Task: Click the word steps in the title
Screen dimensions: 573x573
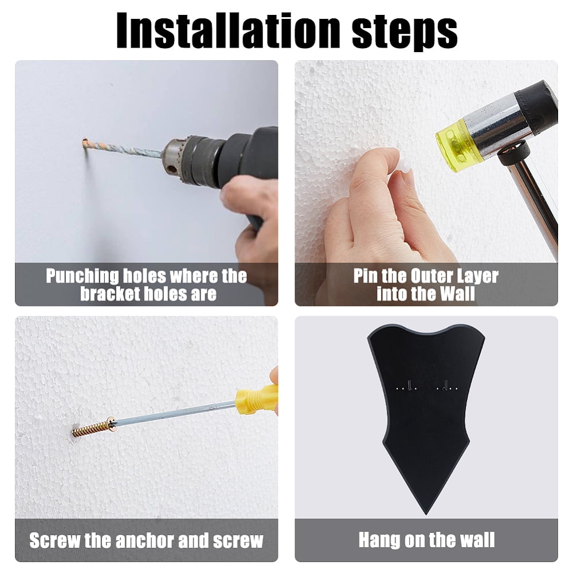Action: tap(405, 34)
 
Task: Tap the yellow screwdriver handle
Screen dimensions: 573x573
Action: tap(256, 398)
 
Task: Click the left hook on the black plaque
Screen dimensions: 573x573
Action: tap(410, 385)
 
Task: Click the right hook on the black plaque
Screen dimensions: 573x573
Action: tap(445, 385)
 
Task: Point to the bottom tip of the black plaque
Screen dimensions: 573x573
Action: tap(426, 514)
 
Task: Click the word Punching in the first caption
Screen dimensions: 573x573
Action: tap(82, 277)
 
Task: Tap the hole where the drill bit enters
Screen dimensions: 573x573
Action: tap(85, 143)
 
